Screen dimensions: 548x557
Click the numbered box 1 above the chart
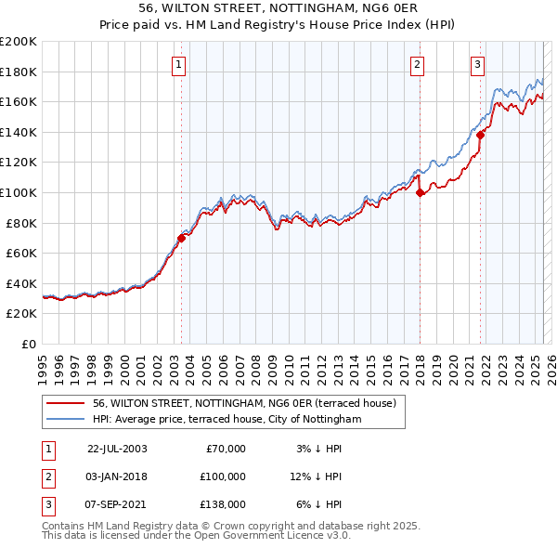click(177, 65)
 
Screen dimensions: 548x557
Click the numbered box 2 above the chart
click(418, 65)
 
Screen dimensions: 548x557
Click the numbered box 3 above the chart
click(477, 65)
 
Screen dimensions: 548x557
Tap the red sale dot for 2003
click(181, 238)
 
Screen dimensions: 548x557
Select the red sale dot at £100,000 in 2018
click(420, 193)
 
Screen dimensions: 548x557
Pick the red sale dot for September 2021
click(481, 135)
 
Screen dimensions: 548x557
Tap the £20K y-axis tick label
click(21, 314)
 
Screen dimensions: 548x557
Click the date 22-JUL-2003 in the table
click(117, 449)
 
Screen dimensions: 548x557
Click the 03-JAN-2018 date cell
click(117, 476)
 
